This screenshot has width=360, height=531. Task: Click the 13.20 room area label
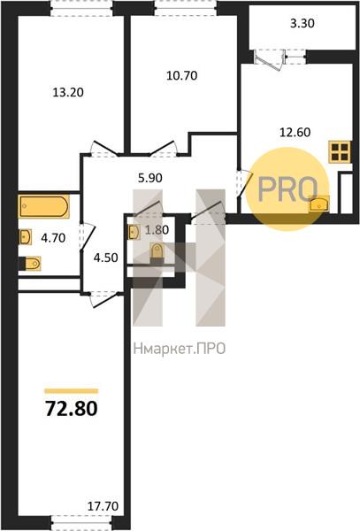click(68, 92)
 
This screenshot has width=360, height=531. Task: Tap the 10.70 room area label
click(181, 75)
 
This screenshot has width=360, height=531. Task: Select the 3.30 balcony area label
click(303, 23)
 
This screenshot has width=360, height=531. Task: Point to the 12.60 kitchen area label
click(295, 132)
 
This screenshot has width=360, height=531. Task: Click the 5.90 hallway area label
click(150, 178)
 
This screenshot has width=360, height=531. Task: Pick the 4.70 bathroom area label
click(53, 238)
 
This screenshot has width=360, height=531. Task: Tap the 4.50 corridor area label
click(105, 258)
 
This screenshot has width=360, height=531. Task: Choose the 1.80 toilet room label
click(157, 230)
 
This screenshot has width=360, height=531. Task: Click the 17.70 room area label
click(103, 506)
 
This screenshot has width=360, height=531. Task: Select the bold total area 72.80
click(72, 408)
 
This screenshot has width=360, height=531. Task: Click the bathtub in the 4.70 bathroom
click(43, 206)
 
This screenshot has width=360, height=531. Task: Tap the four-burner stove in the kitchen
click(341, 151)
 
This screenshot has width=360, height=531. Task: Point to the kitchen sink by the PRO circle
click(318, 204)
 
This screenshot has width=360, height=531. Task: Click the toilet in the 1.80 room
click(157, 252)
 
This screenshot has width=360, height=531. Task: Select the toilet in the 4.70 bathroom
click(31, 263)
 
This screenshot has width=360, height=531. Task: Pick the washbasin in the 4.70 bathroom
click(26, 236)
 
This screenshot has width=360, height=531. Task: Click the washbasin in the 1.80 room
click(134, 232)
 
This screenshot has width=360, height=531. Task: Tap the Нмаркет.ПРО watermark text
click(180, 349)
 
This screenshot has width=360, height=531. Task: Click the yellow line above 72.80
click(72, 391)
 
